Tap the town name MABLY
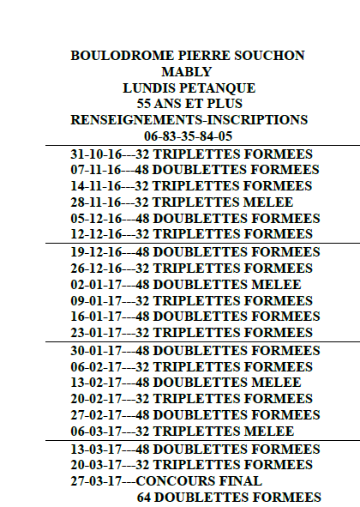pyautogui.click(x=187, y=72)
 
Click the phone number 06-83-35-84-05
pyautogui.click(x=189, y=136)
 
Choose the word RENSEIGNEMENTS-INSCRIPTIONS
pyautogui.click(x=189, y=120)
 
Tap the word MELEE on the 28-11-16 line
pyautogui.click(x=269, y=202)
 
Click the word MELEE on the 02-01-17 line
pyautogui.click(x=276, y=285)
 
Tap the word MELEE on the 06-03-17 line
pyautogui.click(x=269, y=432)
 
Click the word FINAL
pyautogui.click(x=241, y=480)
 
